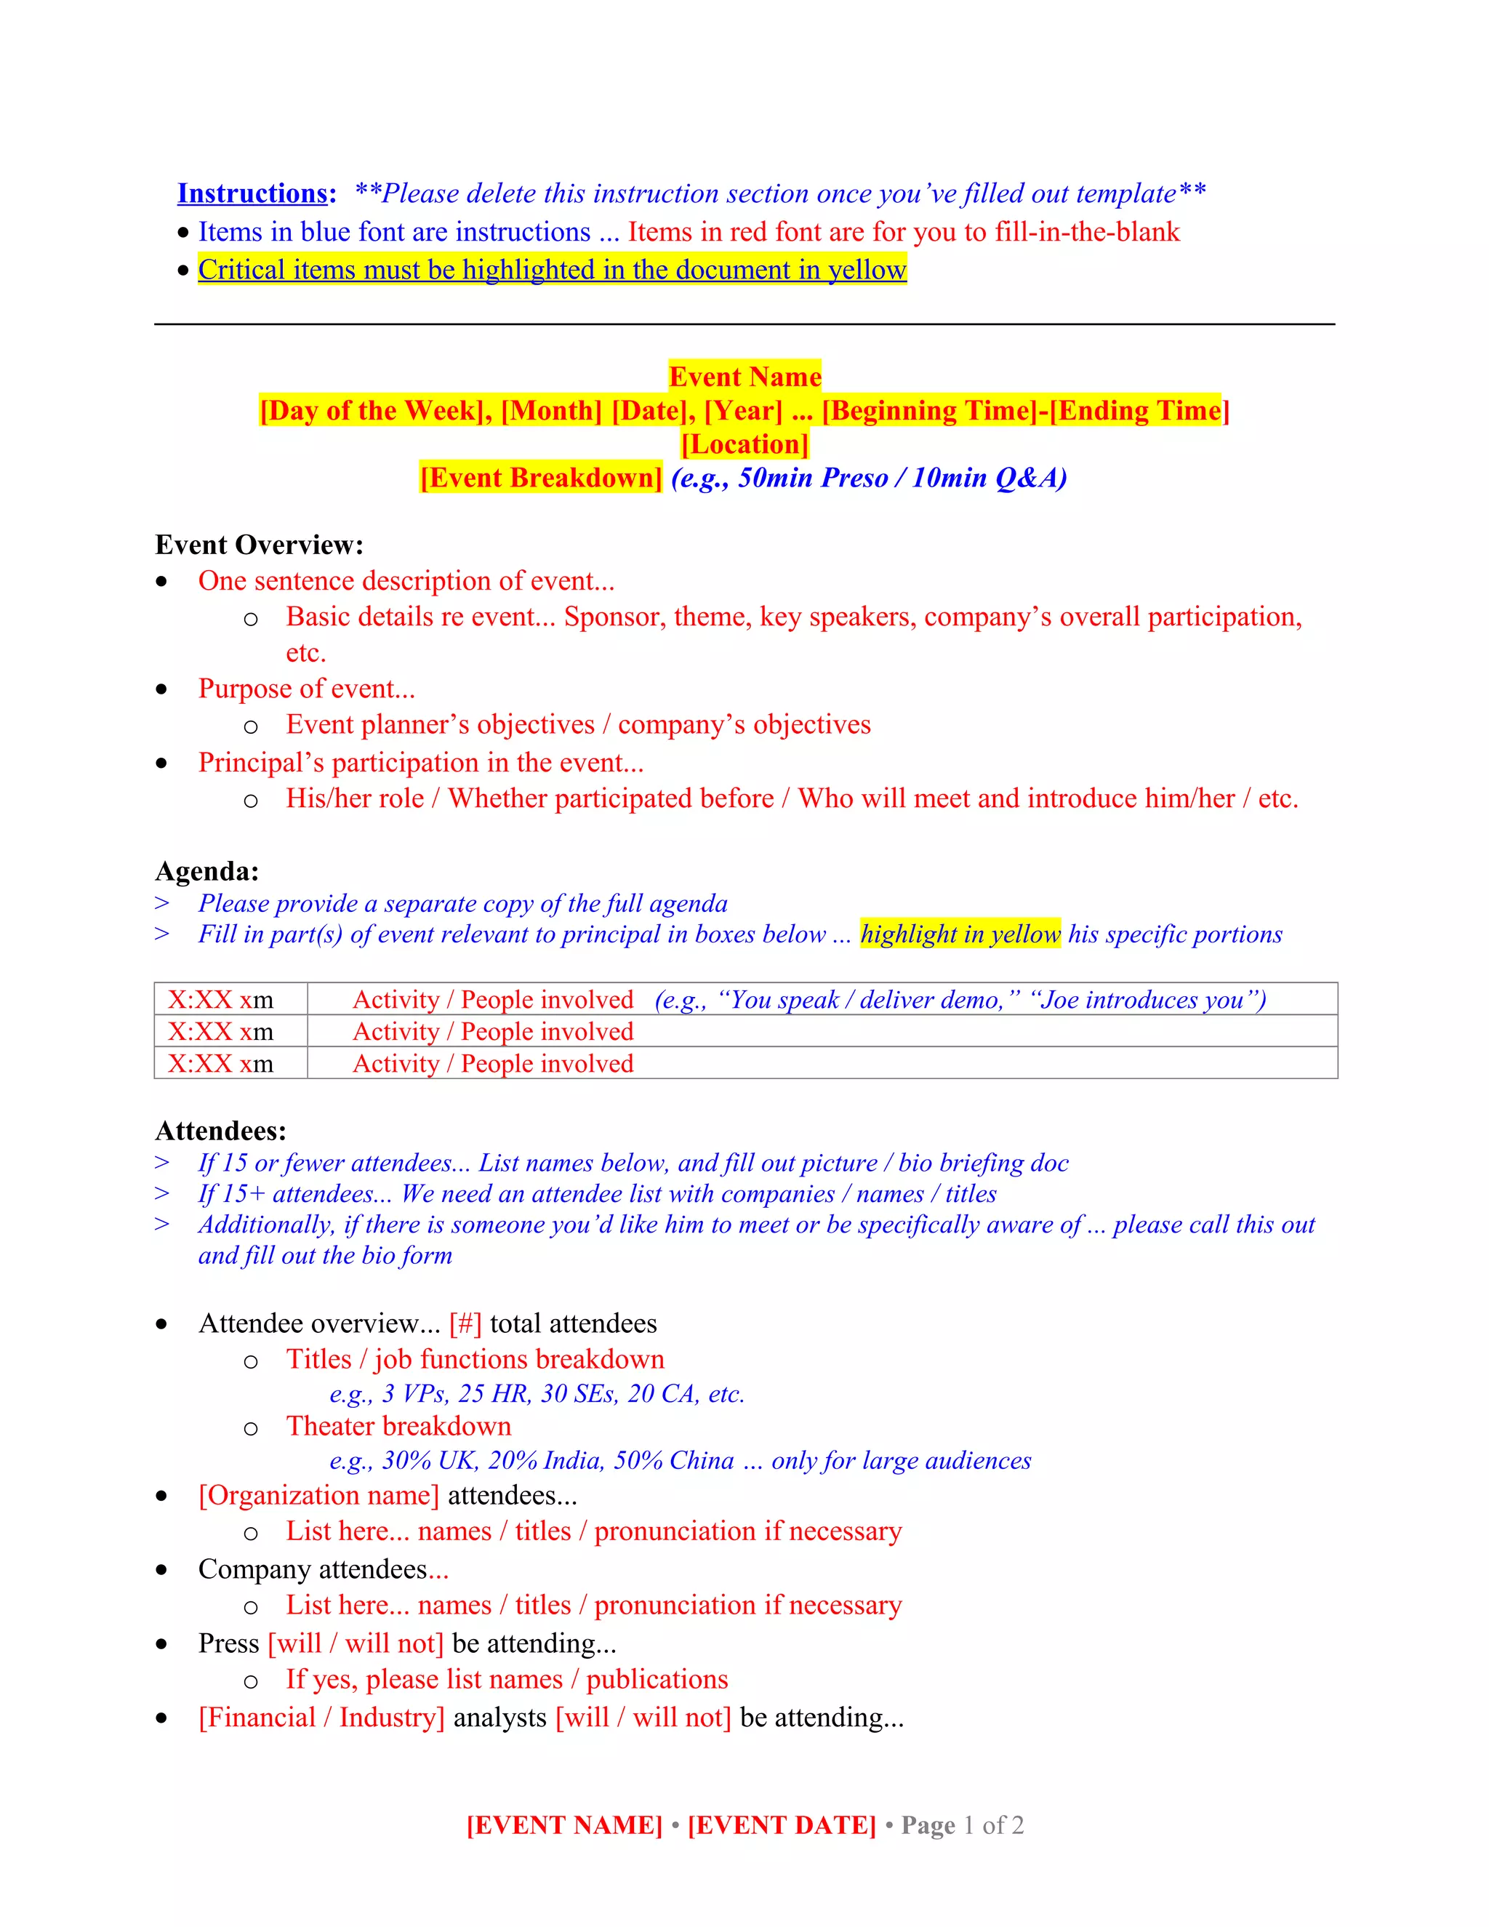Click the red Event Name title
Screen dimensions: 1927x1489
[x=744, y=377]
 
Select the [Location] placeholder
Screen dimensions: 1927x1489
[x=744, y=444]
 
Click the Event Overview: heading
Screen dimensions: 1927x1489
[x=260, y=545]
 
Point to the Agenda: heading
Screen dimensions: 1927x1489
[x=207, y=871]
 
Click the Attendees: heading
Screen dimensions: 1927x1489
[x=220, y=1130]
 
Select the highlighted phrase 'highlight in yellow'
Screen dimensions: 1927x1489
[x=960, y=934]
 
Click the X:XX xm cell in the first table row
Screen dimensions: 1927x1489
[x=220, y=1000]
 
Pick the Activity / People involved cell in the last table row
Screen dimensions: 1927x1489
[x=493, y=1063]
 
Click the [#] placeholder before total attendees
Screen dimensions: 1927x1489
[x=465, y=1323]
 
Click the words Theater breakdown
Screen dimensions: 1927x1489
[x=398, y=1426]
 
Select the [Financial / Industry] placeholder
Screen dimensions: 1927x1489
[x=322, y=1717]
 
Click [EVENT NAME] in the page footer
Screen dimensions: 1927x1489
[x=564, y=1824]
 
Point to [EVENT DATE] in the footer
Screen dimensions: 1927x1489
[x=782, y=1824]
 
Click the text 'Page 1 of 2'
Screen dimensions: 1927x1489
[x=961, y=1824]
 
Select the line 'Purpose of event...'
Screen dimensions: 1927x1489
[x=306, y=688]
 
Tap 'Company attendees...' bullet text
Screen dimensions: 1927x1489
[x=324, y=1569]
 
